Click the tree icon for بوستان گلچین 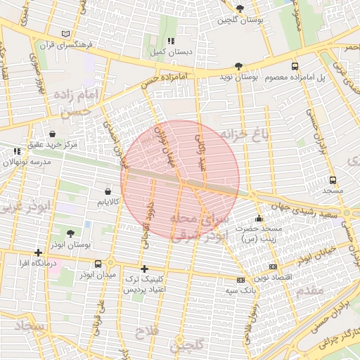point(240,9)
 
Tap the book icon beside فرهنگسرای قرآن point(66,34)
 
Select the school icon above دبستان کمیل point(171,41)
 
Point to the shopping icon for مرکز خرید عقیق point(53,134)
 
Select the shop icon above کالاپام point(108,191)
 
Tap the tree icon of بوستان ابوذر point(71,233)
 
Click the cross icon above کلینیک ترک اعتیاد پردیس point(144,269)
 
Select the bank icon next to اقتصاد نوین point(272,267)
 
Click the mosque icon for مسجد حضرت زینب point(259,218)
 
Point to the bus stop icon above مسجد point(333,179)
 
